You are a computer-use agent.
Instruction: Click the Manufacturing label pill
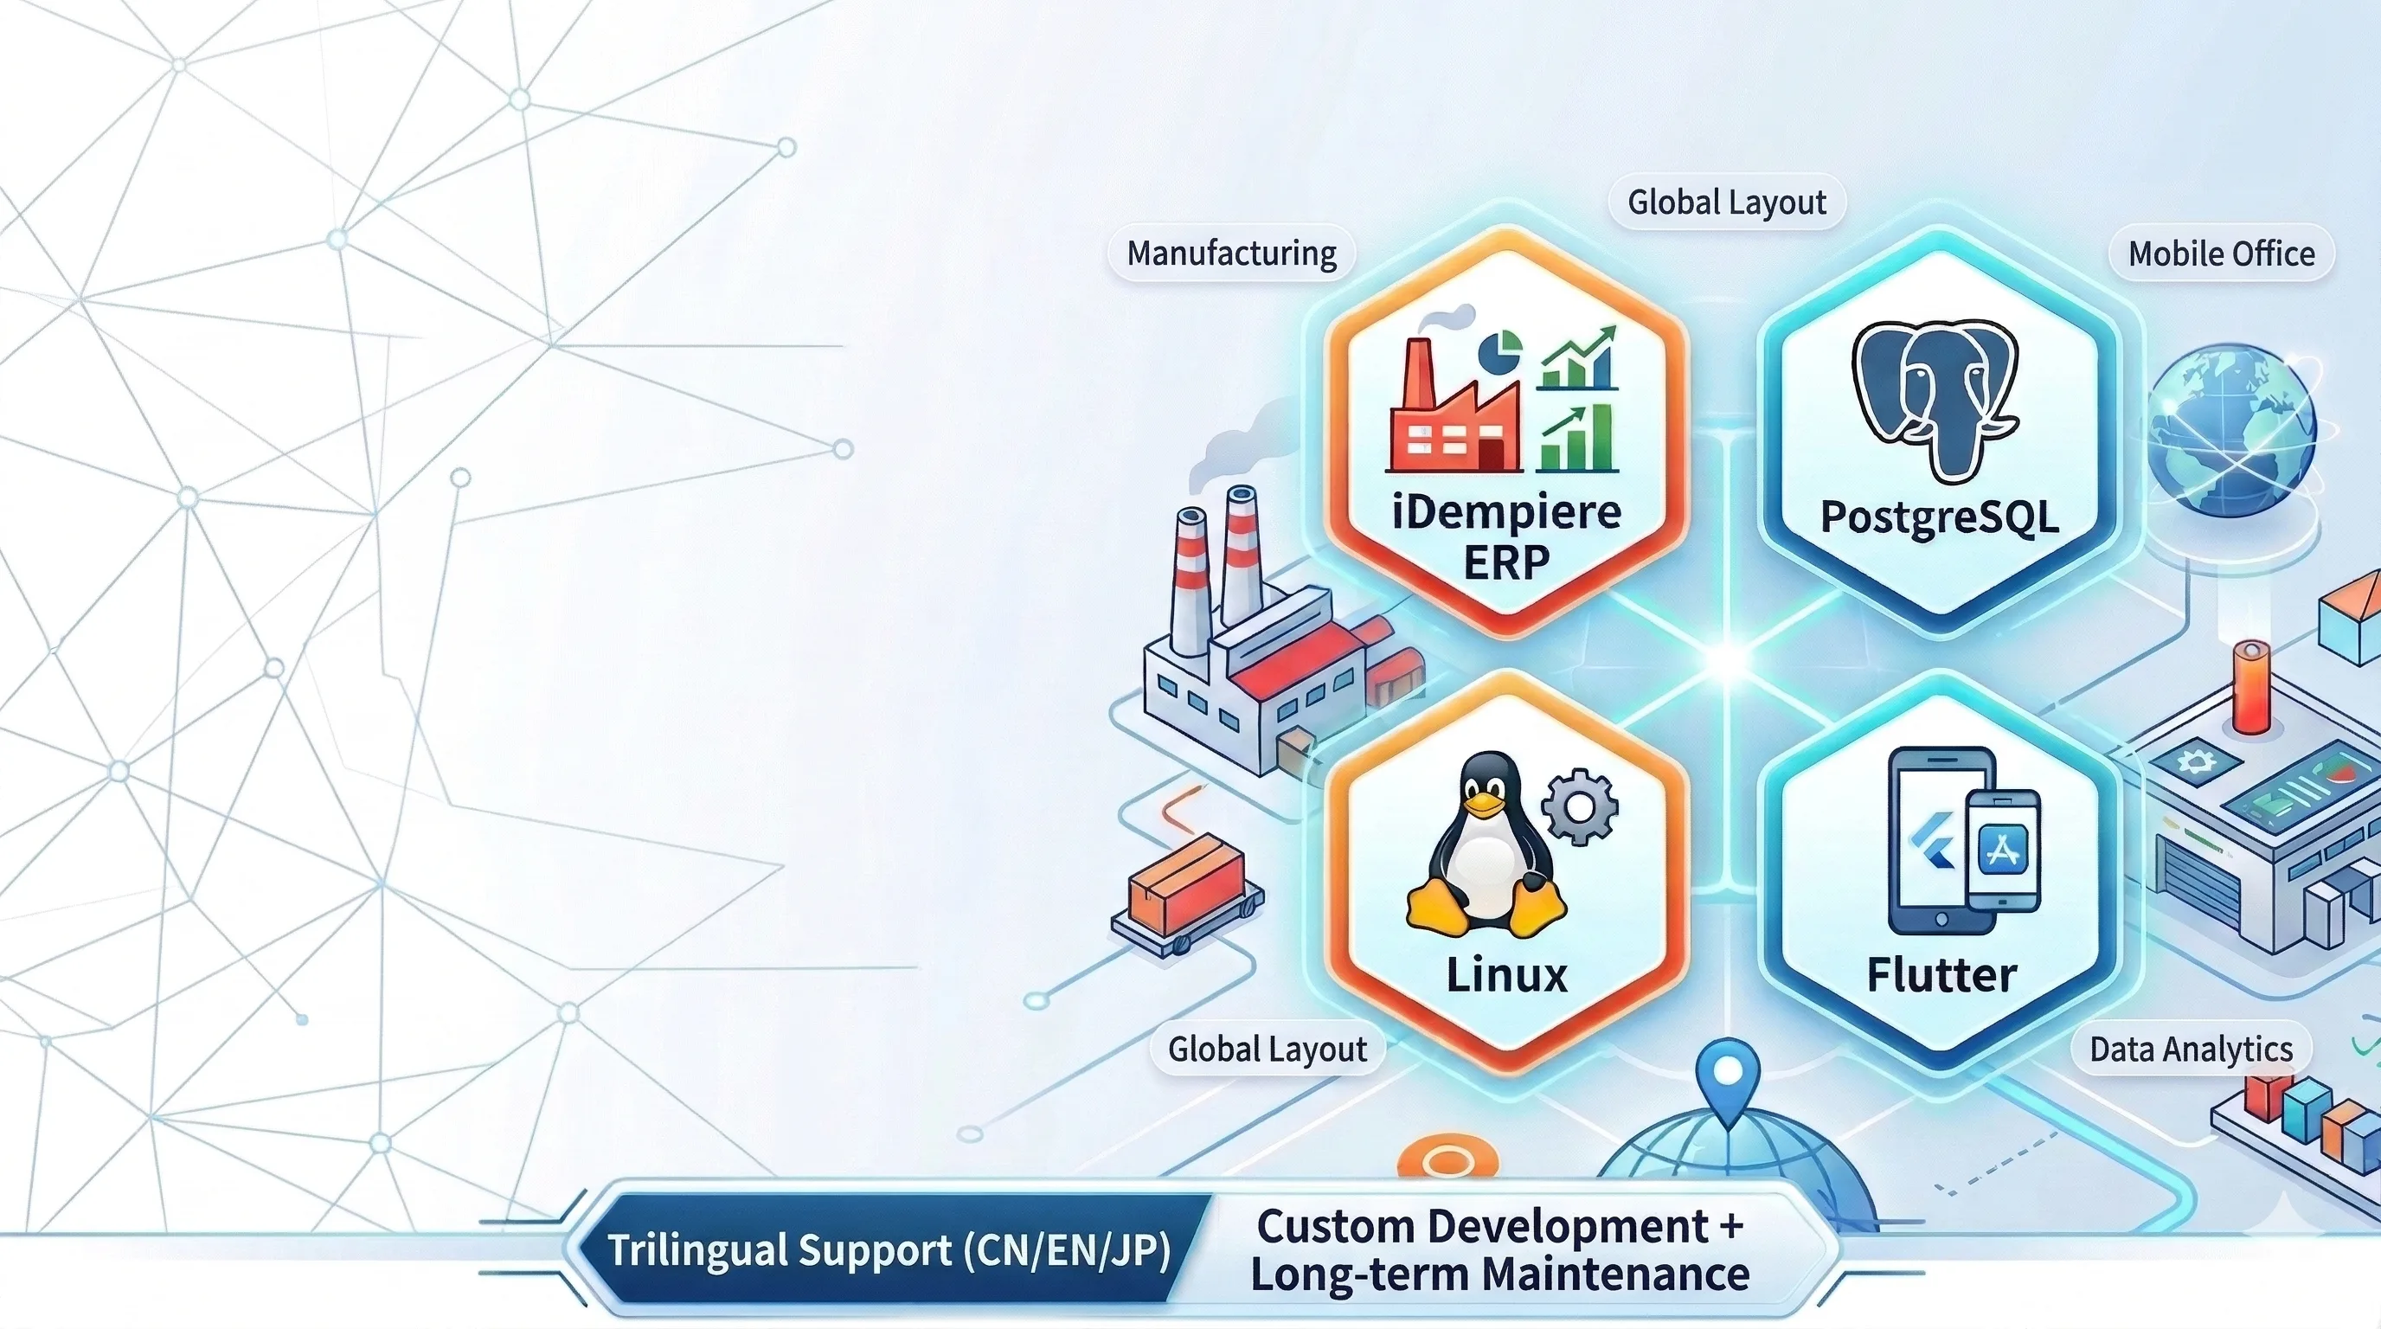1231,254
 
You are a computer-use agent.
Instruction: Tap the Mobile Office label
2221,254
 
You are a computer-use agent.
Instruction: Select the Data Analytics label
2191,1049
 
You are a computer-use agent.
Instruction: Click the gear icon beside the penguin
1581,806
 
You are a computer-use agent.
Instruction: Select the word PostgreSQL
1939,517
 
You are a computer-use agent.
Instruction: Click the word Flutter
1941,976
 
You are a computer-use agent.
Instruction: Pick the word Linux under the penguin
1506,975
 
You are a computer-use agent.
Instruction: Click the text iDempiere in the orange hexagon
1506,512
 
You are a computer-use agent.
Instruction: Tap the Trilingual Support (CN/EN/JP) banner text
889,1250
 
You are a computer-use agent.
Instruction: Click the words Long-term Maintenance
1499,1274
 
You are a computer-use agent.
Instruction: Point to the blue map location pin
1728,1077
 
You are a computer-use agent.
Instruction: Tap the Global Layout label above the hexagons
1727,202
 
